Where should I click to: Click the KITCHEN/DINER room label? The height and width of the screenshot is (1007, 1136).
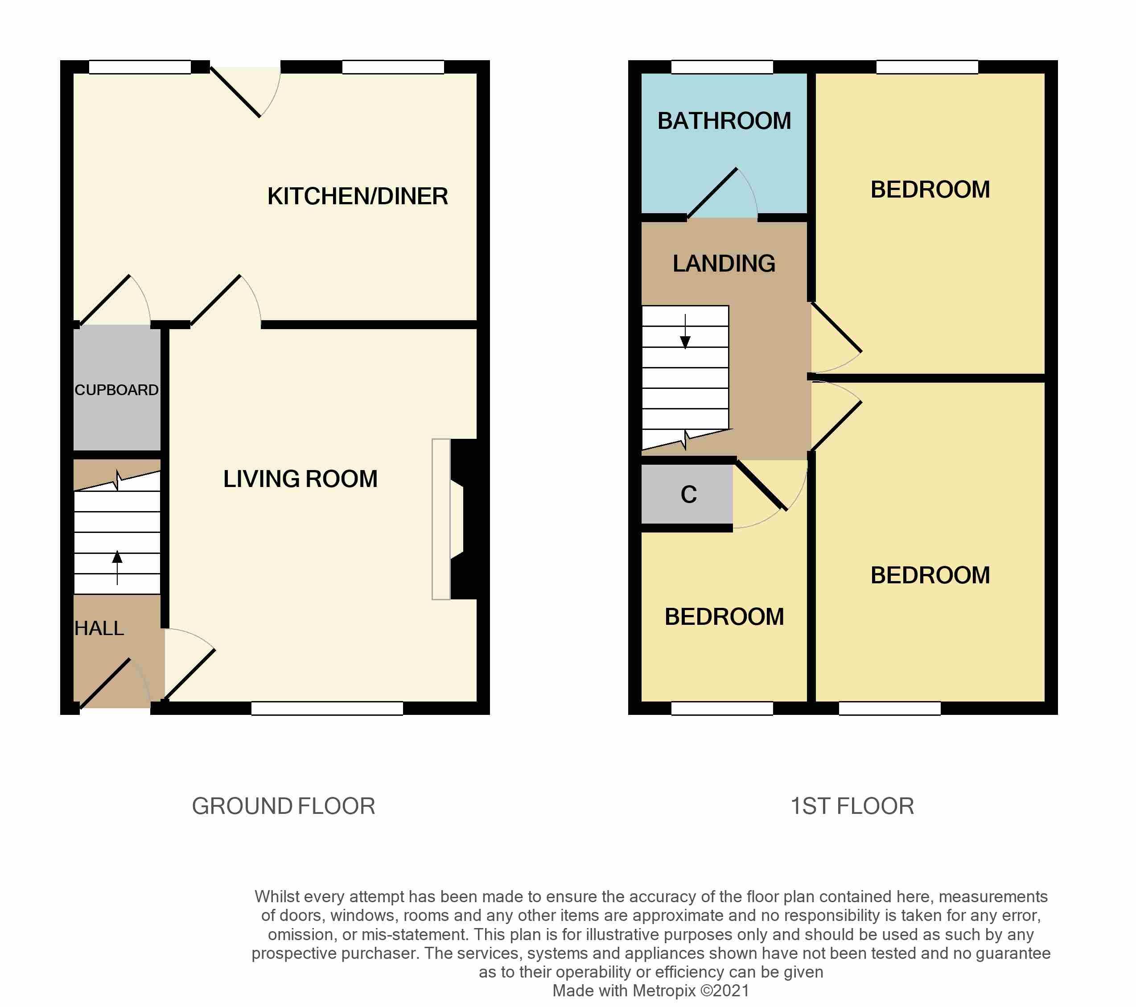[x=358, y=196]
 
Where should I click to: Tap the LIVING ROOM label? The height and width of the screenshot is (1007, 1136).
[x=300, y=479]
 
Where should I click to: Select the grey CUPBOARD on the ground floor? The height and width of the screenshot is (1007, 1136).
[x=117, y=388]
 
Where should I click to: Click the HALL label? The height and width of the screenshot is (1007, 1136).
[x=99, y=628]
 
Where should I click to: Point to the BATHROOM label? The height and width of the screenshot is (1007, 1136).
[x=724, y=121]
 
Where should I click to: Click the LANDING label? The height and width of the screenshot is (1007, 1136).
[x=724, y=264]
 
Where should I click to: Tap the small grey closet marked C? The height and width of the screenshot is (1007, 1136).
[x=687, y=494]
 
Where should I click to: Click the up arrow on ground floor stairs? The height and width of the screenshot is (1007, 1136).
[x=117, y=568]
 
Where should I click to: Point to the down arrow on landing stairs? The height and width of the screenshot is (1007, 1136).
[x=685, y=331]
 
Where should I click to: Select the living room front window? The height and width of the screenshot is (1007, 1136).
[x=327, y=708]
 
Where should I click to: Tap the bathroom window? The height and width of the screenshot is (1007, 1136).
[x=722, y=67]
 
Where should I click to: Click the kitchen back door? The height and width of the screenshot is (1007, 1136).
[x=244, y=92]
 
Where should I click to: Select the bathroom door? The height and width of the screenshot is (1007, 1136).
[x=722, y=192]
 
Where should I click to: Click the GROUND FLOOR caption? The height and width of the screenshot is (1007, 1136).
[x=284, y=806]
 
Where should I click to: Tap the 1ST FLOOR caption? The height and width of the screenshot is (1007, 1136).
[x=852, y=806]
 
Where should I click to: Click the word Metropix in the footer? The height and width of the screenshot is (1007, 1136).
[x=664, y=990]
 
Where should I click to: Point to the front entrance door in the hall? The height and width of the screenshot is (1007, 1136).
[x=115, y=684]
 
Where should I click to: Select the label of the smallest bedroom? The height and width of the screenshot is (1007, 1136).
[x=724, y=617]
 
